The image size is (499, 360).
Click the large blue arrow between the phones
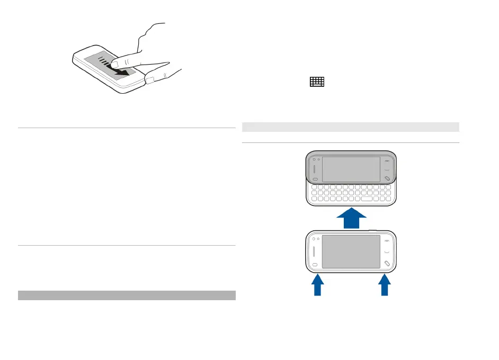pos(352,218)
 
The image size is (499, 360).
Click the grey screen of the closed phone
pos(351,251)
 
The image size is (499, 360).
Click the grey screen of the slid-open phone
pos(351,169)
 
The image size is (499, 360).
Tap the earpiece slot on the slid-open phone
pos(315,170)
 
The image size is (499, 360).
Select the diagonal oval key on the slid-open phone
pos(388,179)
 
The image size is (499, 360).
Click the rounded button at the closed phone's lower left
pos(315,265)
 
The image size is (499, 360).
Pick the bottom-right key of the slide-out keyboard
pos(388,200)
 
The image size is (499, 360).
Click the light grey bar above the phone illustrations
pos(350,127)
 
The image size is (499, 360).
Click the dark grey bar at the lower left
pos(127,295)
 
